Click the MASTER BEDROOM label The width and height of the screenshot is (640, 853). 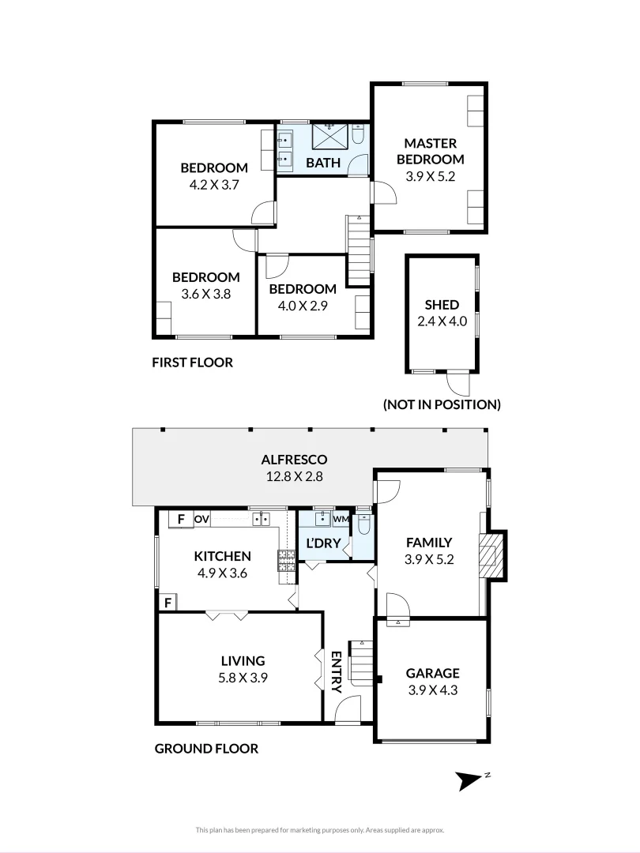point(431,151)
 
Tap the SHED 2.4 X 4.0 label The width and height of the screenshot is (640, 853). point(442,313)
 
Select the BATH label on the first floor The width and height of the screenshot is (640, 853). point(323,163)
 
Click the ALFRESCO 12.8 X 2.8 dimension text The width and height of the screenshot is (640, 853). point(294,476)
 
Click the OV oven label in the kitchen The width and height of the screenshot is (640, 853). point(201,519)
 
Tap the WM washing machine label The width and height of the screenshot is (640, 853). point(341,519)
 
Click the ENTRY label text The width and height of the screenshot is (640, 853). point(336,671)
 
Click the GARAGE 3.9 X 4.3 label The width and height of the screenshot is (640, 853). point(432,681)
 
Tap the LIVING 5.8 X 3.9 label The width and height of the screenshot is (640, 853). point(243,668)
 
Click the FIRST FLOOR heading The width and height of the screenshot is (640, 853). point(192,363)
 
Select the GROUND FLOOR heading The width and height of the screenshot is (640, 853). point(205,748)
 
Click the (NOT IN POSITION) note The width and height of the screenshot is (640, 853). point(442,404)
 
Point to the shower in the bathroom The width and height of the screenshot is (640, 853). point(329,136)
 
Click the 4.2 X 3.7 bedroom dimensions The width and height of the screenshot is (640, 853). point(214,184)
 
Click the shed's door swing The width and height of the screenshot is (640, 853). point(457,384)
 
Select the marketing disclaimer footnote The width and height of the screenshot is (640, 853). point(320,829)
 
